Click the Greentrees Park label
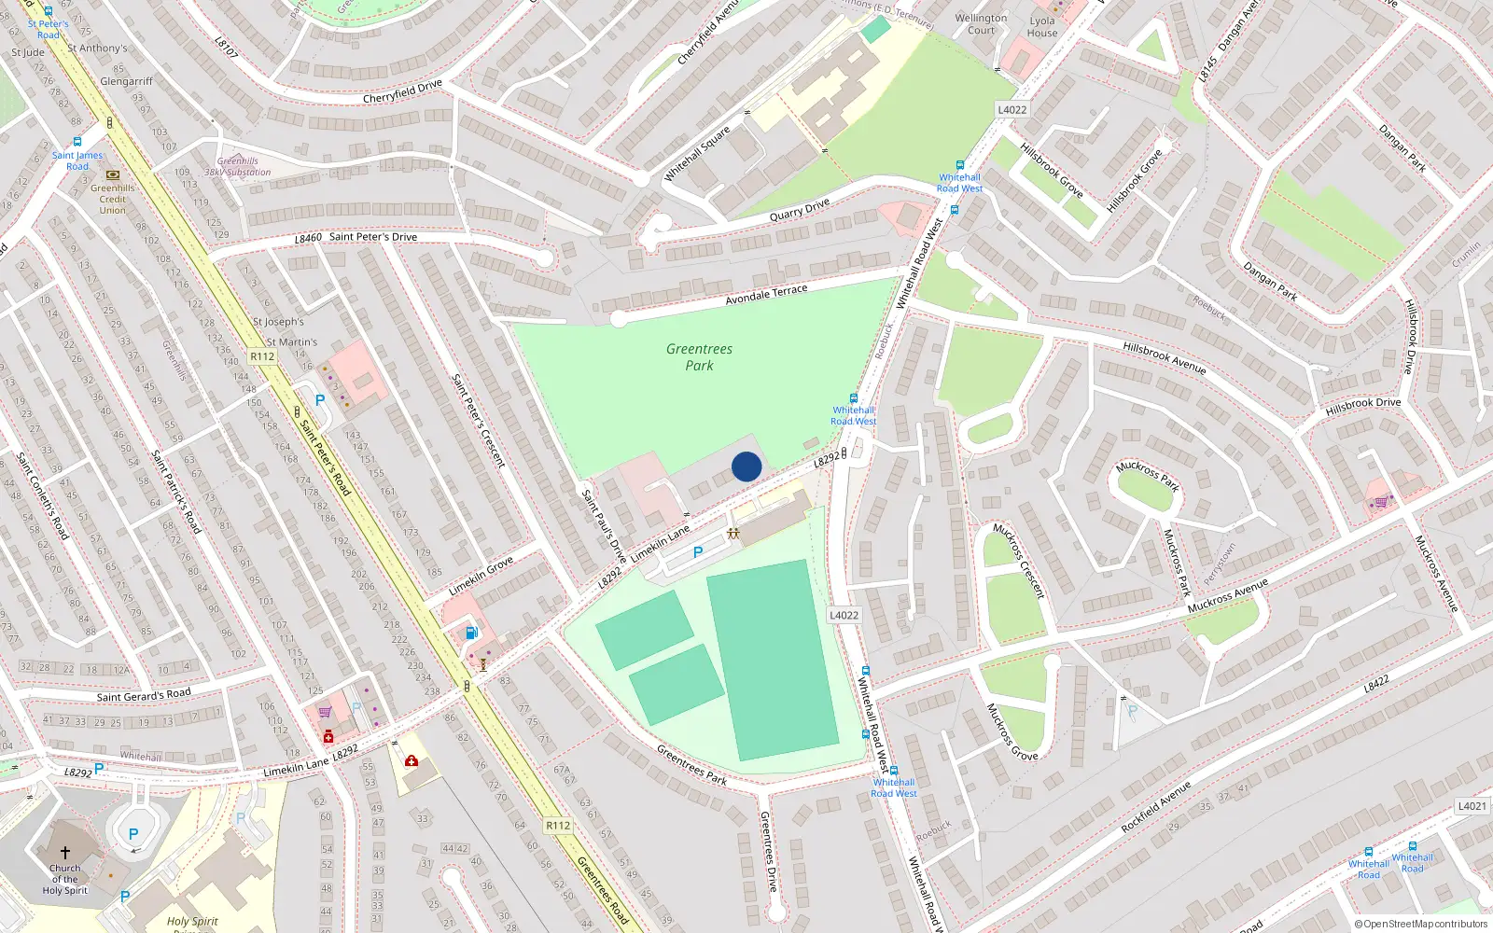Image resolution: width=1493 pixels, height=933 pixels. [699, 356]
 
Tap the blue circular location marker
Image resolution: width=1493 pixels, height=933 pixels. [746, 466]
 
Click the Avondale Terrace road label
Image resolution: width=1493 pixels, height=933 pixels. [766, 295]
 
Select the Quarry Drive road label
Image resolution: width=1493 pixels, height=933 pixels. [799, 210]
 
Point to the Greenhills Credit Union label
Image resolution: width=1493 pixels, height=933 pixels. [113, 199]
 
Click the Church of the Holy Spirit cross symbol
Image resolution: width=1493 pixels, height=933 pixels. [65, 853]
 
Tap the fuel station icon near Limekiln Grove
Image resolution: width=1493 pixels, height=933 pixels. [471, 633]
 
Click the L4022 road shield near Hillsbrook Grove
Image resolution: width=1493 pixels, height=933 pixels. [1012, 109]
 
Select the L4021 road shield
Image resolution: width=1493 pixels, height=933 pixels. [1472, 806]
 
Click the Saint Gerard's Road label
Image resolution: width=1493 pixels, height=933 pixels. [144, 695]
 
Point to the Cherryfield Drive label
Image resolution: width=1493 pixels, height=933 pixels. [402, 91]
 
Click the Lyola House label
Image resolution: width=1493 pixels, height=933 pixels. [1042, 27]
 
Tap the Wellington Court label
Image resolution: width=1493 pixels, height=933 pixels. [981, 24]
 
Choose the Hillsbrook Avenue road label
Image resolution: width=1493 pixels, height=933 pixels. [1164, 358]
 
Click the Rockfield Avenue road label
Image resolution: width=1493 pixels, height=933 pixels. [1155, 808]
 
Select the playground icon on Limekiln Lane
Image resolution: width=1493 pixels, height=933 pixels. [733, 534]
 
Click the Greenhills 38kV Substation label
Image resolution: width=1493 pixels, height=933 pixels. [238, 166]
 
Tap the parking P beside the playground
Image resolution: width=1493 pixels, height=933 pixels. [698, 552]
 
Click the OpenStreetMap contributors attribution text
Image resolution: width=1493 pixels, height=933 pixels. [1420, 925]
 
